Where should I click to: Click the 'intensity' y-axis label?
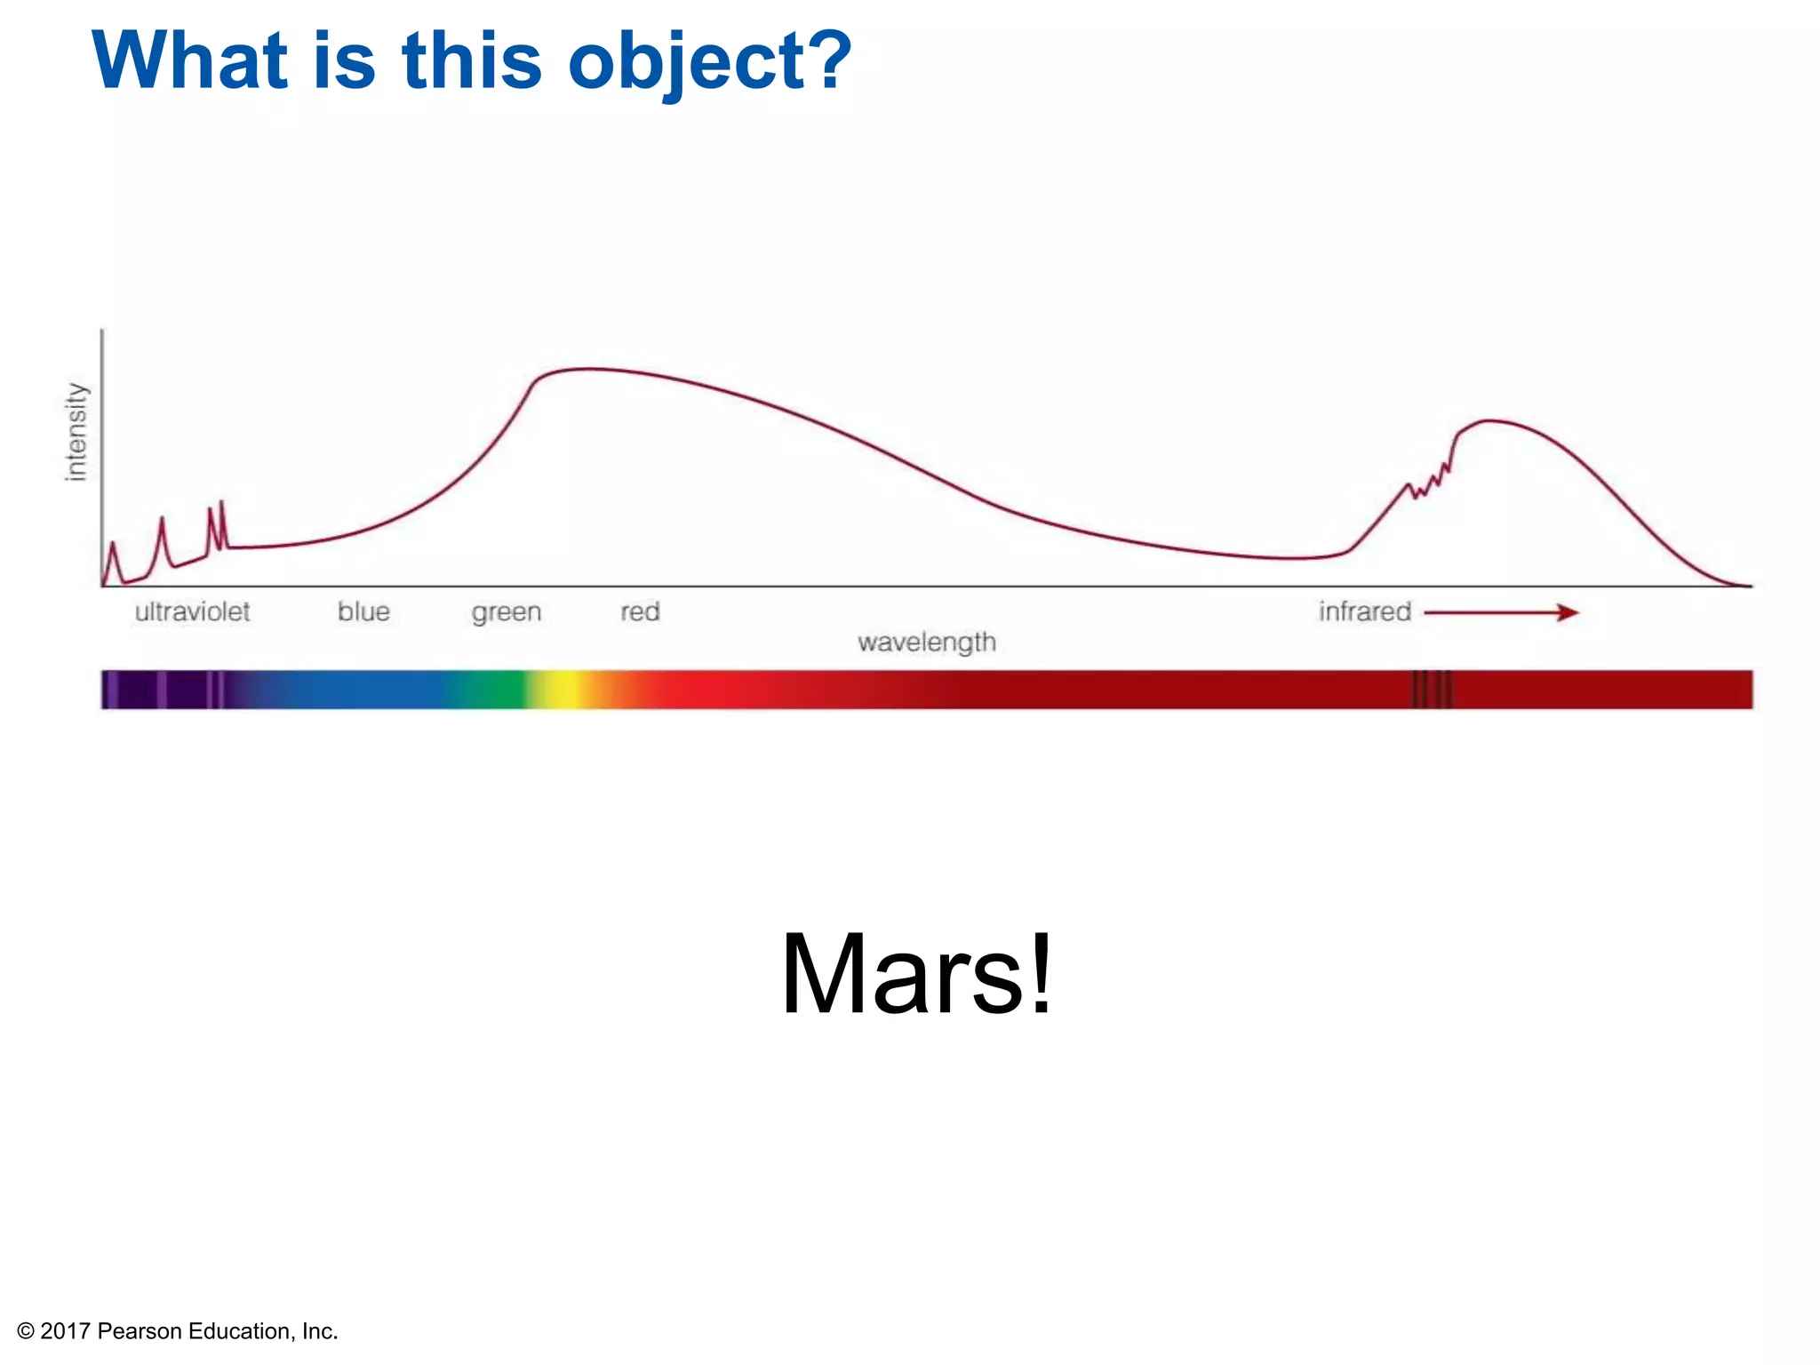pyautogui.click(x=76, y=433)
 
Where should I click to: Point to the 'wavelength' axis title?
pyautogui.click(x=926, y=642)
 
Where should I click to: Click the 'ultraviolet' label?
pyautogui.click(x=192, y=612)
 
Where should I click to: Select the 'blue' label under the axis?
pyautogui.click(x=363, y=612)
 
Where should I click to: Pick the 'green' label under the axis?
pyautogui.click(x=506, y=613)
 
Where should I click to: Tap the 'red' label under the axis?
pyautogui.click(x=640, y=612)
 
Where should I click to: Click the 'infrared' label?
pyautogui.click(x=1364, y=612)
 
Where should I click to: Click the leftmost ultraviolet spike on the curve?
pyautogui.click(x=113, y=544)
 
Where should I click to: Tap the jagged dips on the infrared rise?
pyautogui.click(x=1430, y=481)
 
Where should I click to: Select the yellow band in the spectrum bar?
pyautogui.click(x=563, y=690)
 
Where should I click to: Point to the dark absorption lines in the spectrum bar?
pyautogui.click(x=1432, y=690)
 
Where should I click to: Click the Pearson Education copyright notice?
pyautogui.click(x=178, y=1330)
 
